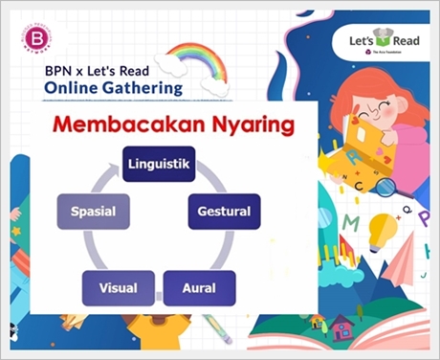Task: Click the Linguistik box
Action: (159, 165)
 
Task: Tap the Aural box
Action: (199, 287)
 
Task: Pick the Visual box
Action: (119, 287)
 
